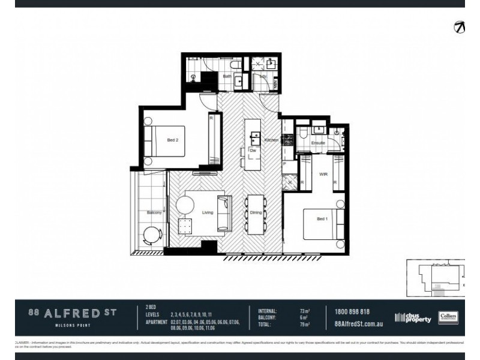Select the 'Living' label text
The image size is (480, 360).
point(208,212)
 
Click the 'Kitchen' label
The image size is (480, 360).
point(271,140)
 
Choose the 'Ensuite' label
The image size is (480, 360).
point(318,143)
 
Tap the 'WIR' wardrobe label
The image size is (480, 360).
point(323,175)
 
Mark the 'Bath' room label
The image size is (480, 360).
point(227,77)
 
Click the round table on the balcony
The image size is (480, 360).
point(152,235)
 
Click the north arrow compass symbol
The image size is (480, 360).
point(459,28)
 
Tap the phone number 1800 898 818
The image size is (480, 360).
point(353,311)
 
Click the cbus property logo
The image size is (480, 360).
point(413,318)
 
